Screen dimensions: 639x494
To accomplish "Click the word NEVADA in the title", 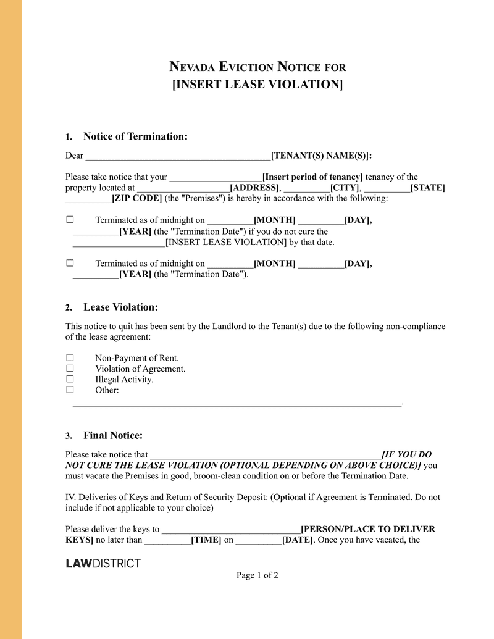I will pyautogui.click(x=192, y=67).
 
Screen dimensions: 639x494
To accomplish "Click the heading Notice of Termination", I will pyautogui.click(x=135, y=136).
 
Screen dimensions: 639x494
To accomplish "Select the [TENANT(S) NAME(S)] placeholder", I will pyautogui.click(x=321, y=156).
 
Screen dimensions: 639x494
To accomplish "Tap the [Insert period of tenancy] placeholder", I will pyautogui.click(x=312, y=177).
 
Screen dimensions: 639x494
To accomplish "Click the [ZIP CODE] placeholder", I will pyautogui.click(x=136, y=199).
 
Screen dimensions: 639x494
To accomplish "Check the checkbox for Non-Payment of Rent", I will pyautogui.click(x=70, y=358).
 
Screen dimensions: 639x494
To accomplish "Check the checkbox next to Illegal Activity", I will pyautogui.click(x=70, y=380).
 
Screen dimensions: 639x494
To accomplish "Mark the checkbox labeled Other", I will pyautogui.click(x=70, y=390).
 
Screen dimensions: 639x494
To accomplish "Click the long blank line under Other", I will pyautogui.click(x=237, y=404).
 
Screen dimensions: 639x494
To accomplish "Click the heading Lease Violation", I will pyautogui.click(x=120, y=307).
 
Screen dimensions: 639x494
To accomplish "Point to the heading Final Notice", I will pyautogui.click(x=113, y=436).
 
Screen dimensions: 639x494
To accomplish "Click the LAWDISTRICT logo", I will pyautogui.click(x=103, y=563).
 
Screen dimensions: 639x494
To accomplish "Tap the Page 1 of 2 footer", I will pyautogui.click(x=257, y=575).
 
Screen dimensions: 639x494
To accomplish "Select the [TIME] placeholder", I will pyautogui.click(x=206, y=540).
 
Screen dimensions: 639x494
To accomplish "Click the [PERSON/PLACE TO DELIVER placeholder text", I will pyautogui.click(x=367, y=530).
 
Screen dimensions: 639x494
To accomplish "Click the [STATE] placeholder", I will pyautogui.click(x=427, y=188).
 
